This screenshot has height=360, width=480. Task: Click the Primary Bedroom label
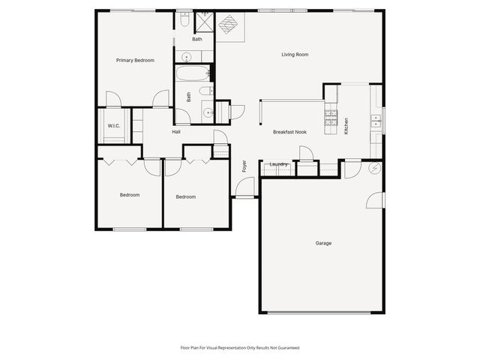pos(135,60)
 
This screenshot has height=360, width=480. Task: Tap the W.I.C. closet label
pos(114,125)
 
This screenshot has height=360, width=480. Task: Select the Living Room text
pos(295,54)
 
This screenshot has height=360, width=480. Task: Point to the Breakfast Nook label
pos(289,132)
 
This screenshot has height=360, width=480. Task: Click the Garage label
pos(323,243)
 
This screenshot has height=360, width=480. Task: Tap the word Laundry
pos(279,164)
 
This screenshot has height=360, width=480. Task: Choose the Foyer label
pos(244,166)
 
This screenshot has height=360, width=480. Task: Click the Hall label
pos(176,132)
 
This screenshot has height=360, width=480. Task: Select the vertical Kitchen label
pos(346,126)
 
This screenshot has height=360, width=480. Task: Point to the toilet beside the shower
pos(184,21)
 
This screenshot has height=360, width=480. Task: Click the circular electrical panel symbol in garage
pos(375,169)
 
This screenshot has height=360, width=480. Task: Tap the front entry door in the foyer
pos(244,189)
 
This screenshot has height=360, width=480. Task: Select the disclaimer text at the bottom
pos(240,347)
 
